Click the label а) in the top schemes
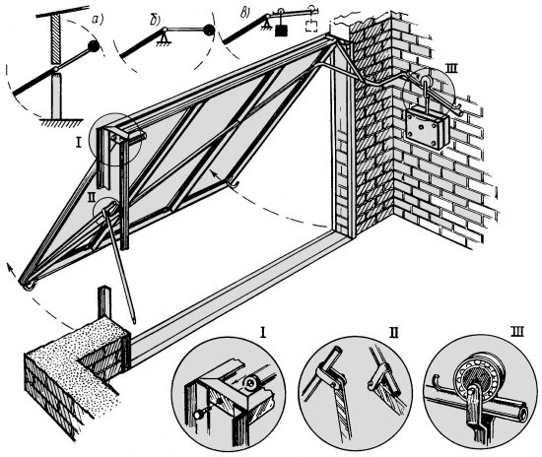[98, 21]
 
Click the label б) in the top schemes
[155, 21]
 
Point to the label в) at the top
[245, 12]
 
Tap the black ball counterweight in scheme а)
[94, 46]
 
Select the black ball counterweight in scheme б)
[209, 31]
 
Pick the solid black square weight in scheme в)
[282, 30]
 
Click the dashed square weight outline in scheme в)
[311, 27]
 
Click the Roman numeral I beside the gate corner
[78, 143]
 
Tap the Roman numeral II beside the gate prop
[92, 197]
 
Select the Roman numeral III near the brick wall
[451, 69]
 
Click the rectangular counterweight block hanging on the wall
[428, 127]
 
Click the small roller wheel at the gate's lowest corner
[30, 286]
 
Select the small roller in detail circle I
[250, 382]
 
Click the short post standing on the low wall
[104, 302]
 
